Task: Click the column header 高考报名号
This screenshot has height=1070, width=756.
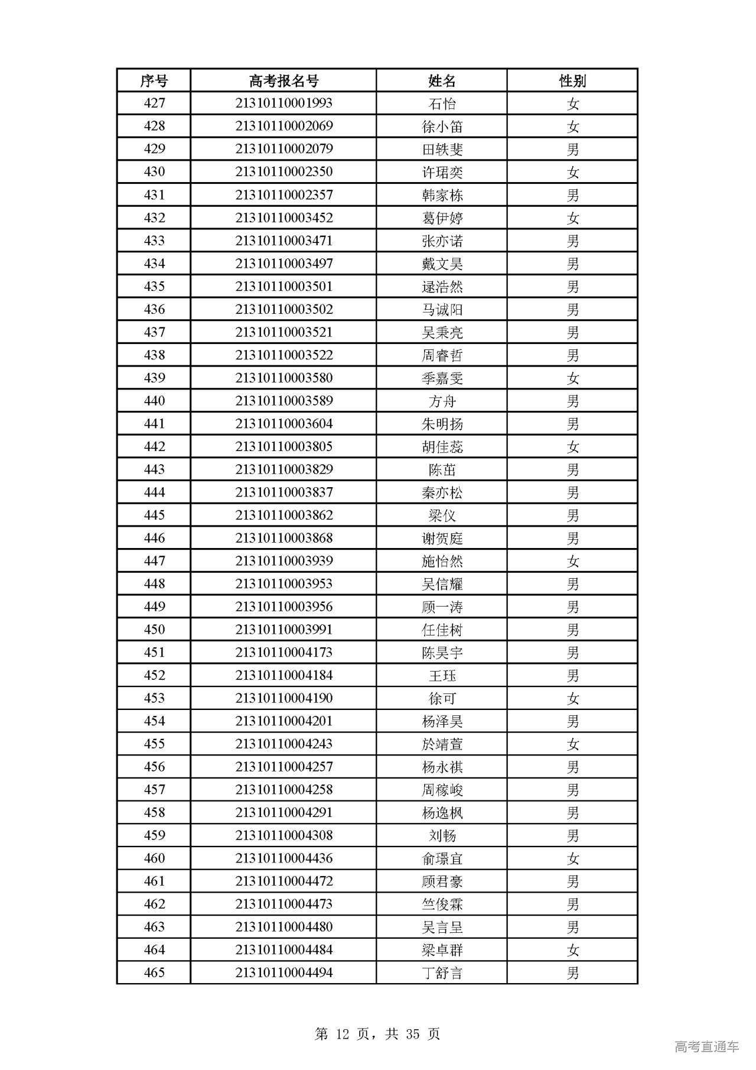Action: (283, 80)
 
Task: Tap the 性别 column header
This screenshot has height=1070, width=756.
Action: (572, 80)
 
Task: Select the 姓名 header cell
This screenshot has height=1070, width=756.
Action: (442, 80)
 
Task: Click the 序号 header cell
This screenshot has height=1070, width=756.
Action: (154, 80)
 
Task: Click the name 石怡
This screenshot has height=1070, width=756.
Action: (442, 103)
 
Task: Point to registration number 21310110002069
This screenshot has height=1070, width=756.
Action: (283, 126)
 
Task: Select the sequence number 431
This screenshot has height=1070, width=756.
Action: (154, 195)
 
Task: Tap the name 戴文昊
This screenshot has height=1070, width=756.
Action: (442, 264)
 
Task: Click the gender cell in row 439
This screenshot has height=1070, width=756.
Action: (572, 378)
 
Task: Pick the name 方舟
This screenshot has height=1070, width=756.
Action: (442, 401)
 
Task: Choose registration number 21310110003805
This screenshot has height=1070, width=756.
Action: (283, 447)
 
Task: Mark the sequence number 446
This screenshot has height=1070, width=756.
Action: (154, 539)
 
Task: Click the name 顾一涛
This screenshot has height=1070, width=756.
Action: (442, 607)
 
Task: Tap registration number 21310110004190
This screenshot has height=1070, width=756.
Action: (283, 699)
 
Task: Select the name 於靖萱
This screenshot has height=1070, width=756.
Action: (442, 744)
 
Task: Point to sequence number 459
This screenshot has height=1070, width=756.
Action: (154, 836)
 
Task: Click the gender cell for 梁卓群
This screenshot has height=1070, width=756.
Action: (572, 951)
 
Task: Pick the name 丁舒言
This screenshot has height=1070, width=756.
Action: (442, 973)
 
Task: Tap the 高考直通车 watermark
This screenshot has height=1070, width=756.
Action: (706, 1047)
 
